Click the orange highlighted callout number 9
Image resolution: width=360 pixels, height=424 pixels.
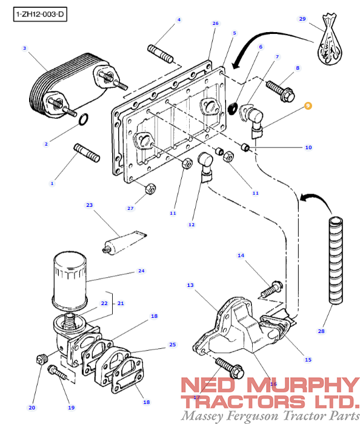click(x=308, y=106)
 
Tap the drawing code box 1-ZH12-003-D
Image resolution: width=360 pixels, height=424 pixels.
click(x=40, y=14)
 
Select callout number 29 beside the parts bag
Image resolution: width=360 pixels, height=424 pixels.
click(x=302, y=19)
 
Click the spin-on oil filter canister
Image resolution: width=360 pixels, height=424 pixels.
click(x=70, y=282)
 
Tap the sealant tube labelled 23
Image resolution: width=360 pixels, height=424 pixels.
click(x=124, y=243)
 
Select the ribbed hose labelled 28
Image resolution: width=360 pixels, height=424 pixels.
click(x=335, y=260)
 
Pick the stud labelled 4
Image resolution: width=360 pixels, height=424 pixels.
click(x=161, y=54)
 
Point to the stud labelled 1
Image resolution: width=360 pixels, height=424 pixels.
click(x=87, y=153)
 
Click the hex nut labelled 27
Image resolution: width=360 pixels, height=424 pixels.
click(x=150, y=188)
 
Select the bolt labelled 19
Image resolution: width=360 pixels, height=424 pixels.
click(x=58, y=373)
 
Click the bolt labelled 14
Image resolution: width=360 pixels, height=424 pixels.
click(x=272, y=289)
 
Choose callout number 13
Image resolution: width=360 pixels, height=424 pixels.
click(x=190, y=285)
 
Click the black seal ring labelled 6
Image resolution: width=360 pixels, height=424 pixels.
click(x=233, y=109)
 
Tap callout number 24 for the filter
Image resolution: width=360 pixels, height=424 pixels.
click(x=141, y=271)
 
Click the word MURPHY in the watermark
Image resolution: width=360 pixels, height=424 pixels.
click(x=304, y=385)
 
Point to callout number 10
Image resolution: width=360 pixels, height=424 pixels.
click(x=308, y=147)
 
